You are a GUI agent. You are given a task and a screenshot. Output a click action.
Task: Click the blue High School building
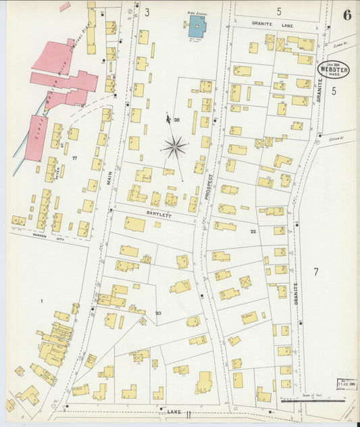pyautogui.click(x=196, y=29)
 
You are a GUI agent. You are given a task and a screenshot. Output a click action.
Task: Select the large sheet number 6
pyautogui.click(x=346, y=15)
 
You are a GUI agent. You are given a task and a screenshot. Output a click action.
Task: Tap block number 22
pyautogui.click(x=253, y=231)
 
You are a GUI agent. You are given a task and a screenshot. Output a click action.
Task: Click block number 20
pyautogui.click(x=158, y=313)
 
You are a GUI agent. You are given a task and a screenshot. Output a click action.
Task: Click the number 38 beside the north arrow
pyautogui.click(x=176, y=120)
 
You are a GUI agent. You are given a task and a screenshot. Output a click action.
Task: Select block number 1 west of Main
pyautogui.click(x=41, y=301)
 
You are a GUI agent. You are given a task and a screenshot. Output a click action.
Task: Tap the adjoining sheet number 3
pyautogui.click(x=146, y=12)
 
